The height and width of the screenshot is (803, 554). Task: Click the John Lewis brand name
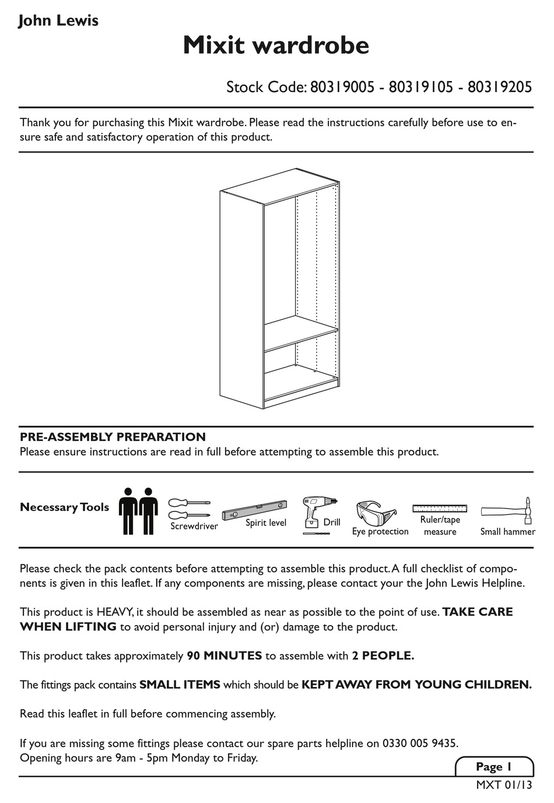58,21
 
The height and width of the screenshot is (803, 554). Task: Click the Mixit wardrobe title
276,45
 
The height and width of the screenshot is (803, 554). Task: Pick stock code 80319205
500,87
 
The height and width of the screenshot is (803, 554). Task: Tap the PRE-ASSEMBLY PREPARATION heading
113,437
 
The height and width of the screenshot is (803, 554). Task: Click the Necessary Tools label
64,507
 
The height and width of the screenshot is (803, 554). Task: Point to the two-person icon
138,510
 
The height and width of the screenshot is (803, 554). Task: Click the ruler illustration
440,508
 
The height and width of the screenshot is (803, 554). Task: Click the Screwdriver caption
194,526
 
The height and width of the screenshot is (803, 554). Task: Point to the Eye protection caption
380,531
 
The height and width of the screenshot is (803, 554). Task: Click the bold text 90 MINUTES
224,655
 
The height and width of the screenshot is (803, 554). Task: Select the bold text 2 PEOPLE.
383,655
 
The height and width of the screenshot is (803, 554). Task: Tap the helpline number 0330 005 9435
419,744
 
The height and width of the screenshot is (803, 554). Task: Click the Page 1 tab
493,766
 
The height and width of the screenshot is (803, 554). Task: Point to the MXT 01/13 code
504,785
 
